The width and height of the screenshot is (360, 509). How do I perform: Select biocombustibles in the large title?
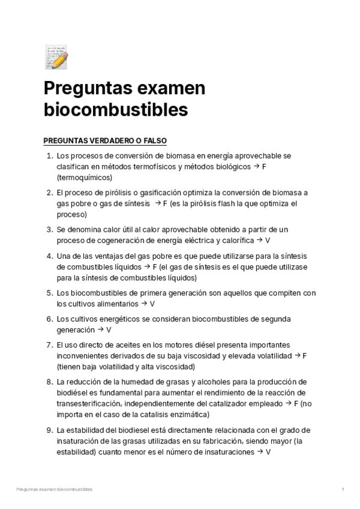pyautogui.click(x=116, y=110)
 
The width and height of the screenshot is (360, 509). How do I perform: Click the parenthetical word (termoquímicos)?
pyautogui.click(x=85, y=178)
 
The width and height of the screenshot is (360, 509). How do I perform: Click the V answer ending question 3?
pyautogui.click(x=268, y=240)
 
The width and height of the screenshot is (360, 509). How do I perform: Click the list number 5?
pyautogui.click(x=49, y=293)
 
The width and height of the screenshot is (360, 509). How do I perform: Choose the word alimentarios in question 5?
pyautogui.click(x=112, y=304)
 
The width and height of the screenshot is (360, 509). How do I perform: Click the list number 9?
pyautogui.click(x=49, y=430)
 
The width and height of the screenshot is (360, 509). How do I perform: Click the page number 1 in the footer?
pyautogui.click(x=343, y=490)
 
